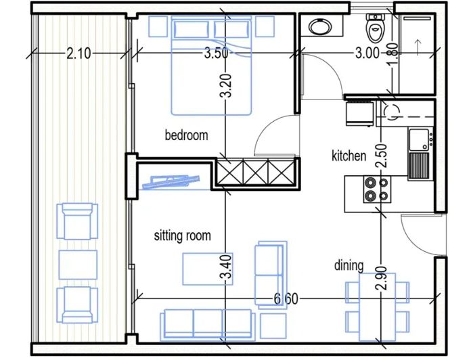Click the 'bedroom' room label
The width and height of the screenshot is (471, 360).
click(186, 135)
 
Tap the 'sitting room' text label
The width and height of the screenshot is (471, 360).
click(182, 236)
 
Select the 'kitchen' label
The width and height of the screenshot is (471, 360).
click(349, 156)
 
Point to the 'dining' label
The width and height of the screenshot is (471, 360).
click(348, 266)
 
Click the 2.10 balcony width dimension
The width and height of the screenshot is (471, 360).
click(80, 54)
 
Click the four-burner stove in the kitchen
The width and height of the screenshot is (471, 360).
click(376, 189)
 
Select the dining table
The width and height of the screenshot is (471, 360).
click(377, 305)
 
